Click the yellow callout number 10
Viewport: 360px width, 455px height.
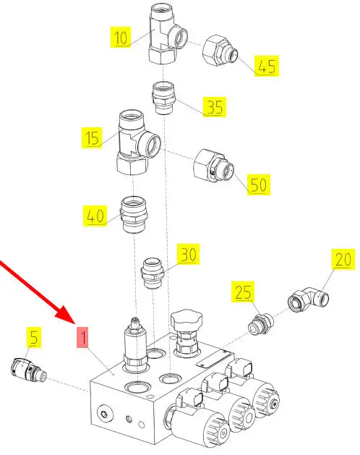(x=121, y=37)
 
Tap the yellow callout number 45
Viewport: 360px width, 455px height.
(x=267, y=66)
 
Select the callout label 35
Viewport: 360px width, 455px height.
(x=215, y=107)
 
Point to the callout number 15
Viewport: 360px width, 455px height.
(x=92, y=137)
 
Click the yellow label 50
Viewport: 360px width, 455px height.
(x=259, y=184)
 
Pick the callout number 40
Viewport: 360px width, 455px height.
(x=95, y=216)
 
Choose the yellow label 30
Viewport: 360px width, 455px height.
(x=188, y=254)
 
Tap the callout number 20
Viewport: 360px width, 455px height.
(x=343, y=259)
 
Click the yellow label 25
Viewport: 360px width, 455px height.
(x=243, y=292)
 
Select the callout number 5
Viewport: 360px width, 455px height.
(x=34, y=338)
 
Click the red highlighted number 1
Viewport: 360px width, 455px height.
(x=82, y=337)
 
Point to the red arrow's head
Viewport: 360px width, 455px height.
(x=66, y=314)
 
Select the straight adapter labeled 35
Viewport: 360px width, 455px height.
(x=163, y=98)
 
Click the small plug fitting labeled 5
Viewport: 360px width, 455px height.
(x=28, y=370)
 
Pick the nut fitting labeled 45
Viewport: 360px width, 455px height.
(x=220, y=49)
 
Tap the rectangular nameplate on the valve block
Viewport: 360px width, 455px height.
(x=215, y=359)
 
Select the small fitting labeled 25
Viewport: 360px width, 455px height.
(x=261, y=323)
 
